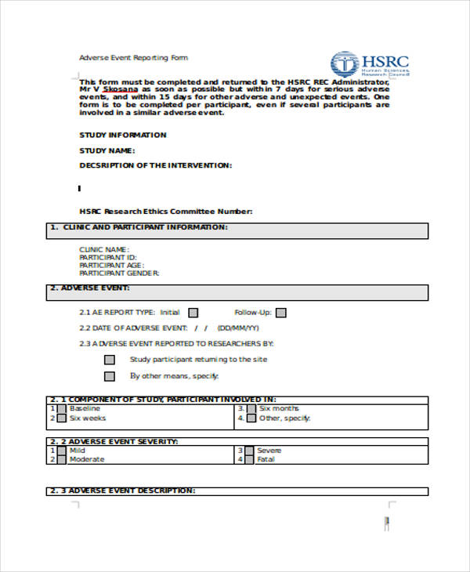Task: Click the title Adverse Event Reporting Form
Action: (x=133, y=58)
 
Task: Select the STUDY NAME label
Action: (x=107, y=150)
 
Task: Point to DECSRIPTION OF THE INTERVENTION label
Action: (x=155, y=165)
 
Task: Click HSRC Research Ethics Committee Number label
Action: (x=166, y=212)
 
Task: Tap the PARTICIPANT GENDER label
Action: (x=119, y=273)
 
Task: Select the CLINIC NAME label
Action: (x=104, y=250)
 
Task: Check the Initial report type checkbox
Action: (x=193, y=312)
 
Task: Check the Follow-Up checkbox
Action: (x=280, y=313)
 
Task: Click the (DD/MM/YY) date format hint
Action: (x=238, y=328)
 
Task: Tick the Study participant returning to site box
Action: (x=110, y=360)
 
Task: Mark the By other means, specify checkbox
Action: (x=110, y=376)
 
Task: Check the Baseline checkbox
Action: (x=60, y=409)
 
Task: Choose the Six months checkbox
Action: (x=250, y=409)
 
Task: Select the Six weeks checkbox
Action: (x=60, y=418)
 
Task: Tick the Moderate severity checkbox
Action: (x=60, y=460)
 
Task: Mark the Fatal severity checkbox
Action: (x=248, y=460)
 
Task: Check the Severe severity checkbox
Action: (x=248, y=451)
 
